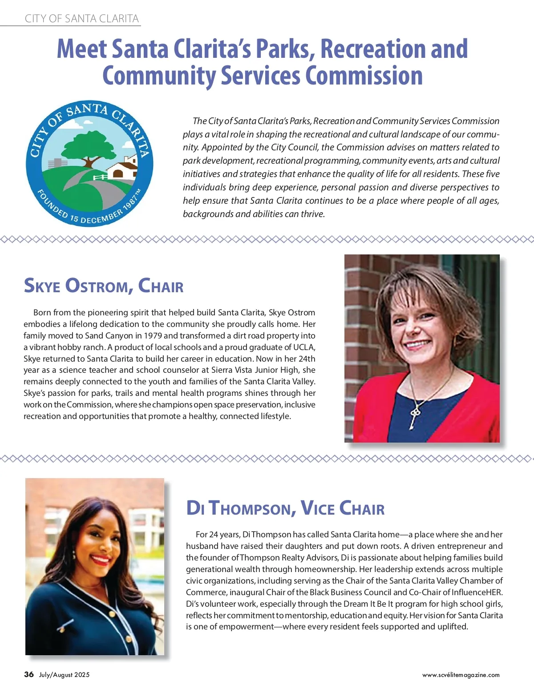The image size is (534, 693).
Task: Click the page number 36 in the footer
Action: pos(29,674)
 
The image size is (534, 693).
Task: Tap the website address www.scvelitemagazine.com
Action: pos(461,675)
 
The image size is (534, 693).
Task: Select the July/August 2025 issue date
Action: pos(64,675)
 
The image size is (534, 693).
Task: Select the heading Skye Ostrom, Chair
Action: pos(103,286)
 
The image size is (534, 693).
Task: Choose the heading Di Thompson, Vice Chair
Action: pos(285,508)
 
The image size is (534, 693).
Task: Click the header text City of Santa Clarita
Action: pos(82,19)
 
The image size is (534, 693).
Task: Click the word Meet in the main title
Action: pos(82,48)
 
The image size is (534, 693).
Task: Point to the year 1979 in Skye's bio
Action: pos(153,336)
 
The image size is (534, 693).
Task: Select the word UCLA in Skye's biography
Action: pos(304,347)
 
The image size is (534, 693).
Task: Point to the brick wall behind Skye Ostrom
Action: pos(360,311)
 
